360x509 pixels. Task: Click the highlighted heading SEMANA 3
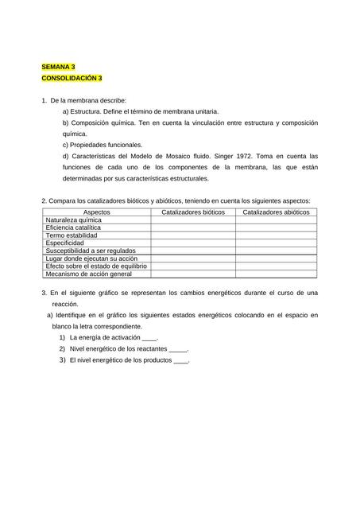pyautogui.click(x=58, y=68)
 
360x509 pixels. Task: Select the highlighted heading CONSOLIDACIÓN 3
pyautogui.click(x=72, y=79)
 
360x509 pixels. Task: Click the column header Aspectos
pyautogui.click(x=96, y=212)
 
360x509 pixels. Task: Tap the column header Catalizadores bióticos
pyautogui.click(x=193, y=212)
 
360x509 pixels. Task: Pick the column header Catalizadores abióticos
pyautogui.click(x=276, y=212)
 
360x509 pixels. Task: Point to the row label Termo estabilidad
pyautogui.click(x=72, y=235)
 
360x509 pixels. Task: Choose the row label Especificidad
pyautogui.click(x=64, y=243)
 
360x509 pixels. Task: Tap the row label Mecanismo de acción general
pyautogui.click(x=88, y=274)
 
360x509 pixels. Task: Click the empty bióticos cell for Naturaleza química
pyautogui.click(x=193, y=220)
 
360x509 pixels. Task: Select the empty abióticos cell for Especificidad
pyautogui.click(x=276, y=243)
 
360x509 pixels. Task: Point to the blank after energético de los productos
pyautogui.click(x=180, y=360)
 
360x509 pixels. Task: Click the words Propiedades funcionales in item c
pyautogui.click(x=105, y=146)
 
